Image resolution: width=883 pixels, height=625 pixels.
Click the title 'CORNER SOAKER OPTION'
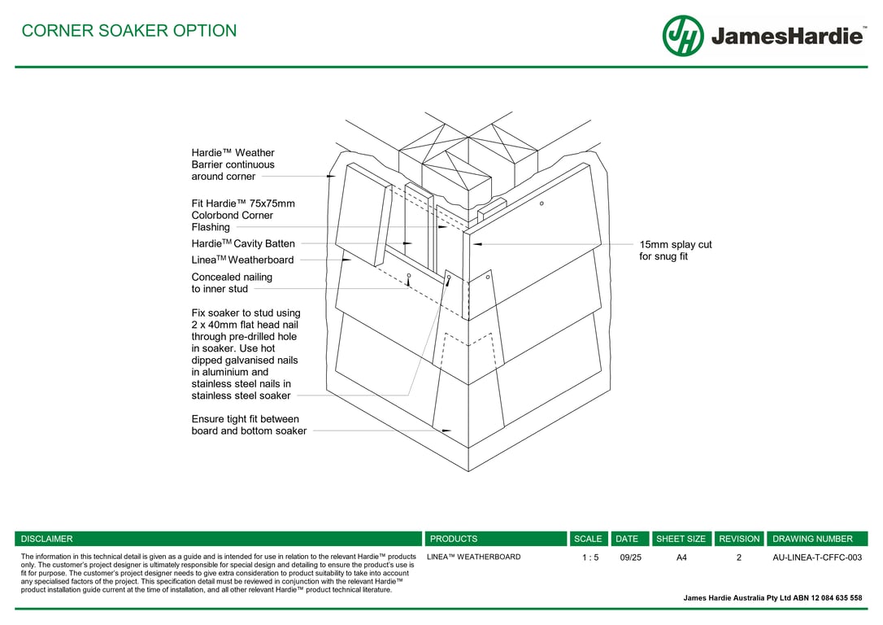128,31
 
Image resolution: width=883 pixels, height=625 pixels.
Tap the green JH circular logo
683,36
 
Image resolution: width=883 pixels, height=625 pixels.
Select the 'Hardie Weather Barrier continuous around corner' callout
233,164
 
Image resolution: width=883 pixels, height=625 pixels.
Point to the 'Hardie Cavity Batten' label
243,243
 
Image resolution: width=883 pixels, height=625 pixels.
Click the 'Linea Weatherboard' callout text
242,260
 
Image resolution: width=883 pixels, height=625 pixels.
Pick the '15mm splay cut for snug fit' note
675,251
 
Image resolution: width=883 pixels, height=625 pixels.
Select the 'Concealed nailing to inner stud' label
232,282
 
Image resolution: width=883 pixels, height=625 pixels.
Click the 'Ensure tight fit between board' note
249,425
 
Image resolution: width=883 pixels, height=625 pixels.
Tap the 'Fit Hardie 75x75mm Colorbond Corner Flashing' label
242,215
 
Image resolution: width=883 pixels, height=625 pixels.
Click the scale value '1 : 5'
590,557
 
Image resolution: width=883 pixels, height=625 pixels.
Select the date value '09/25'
630,557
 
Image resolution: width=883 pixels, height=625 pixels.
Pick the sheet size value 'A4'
681,557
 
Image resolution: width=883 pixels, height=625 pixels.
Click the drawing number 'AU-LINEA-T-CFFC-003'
816,557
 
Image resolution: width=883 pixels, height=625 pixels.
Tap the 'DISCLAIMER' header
46,539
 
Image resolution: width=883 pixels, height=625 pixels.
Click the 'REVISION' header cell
739,539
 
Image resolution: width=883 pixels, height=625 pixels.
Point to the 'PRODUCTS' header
454,539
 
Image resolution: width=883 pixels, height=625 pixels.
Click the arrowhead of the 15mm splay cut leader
476,243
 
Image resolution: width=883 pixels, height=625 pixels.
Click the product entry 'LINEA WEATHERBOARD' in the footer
473,557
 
